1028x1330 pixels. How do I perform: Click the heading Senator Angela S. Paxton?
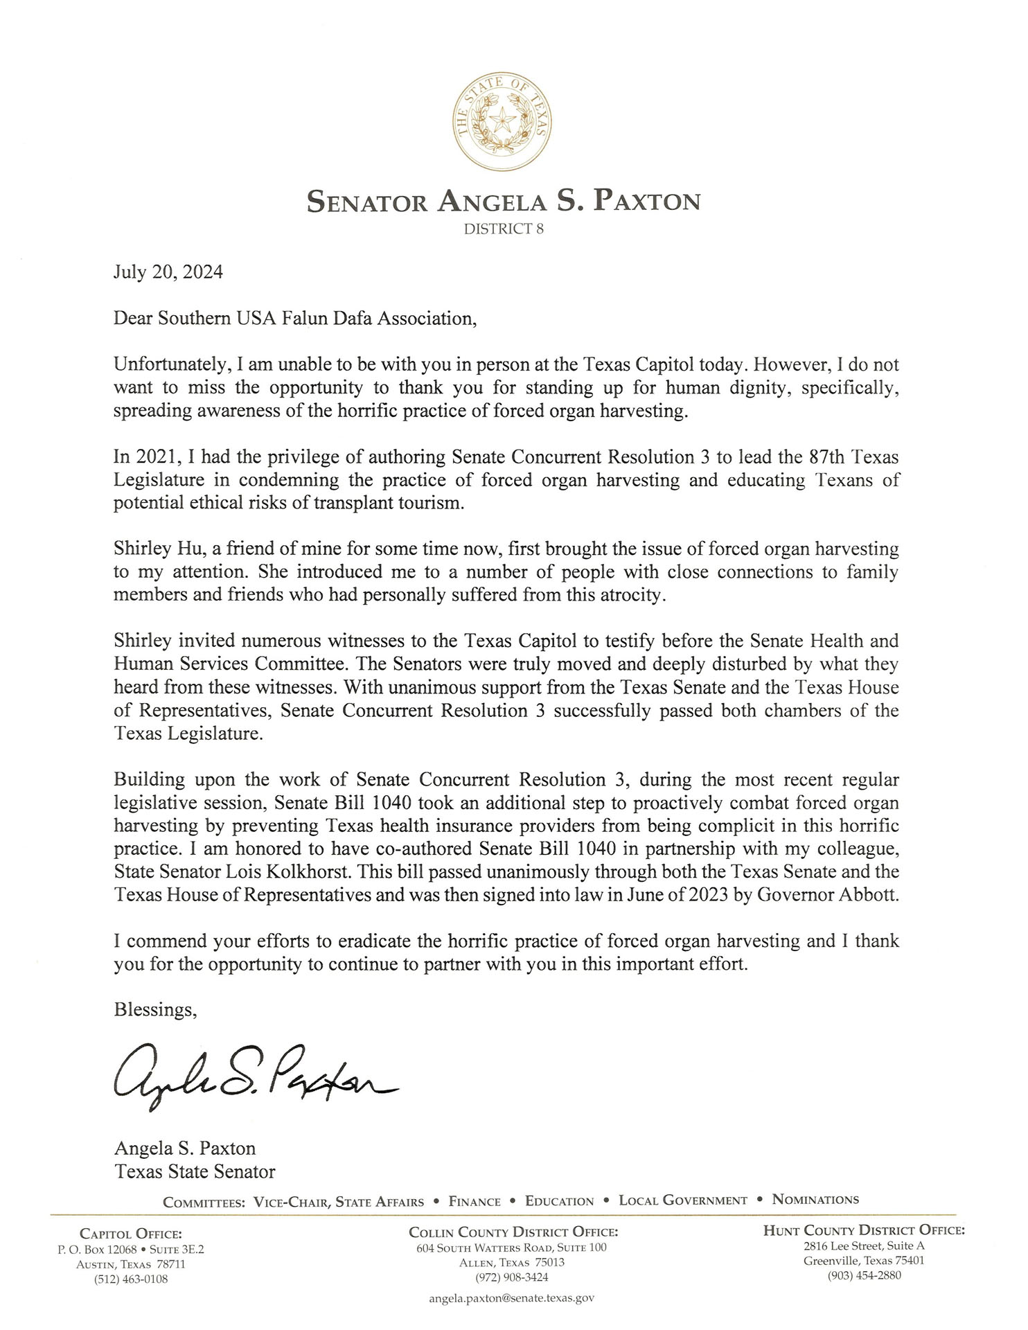tap(504, 202)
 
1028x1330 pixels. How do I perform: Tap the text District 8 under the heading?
tap(504, 229)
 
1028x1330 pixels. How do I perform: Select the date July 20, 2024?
tap(168, 272)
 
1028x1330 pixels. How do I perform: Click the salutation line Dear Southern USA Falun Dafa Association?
tap(295, 318)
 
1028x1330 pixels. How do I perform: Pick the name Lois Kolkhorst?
tap(283, 871)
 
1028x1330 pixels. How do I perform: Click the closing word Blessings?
tap(155, 1009)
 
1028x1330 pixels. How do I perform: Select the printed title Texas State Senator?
tap(195, 1171)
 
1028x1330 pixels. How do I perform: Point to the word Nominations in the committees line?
tap(815, 1199)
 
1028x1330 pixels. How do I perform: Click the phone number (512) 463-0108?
tap(131, 1279)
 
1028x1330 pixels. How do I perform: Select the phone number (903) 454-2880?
tap(864, 1275)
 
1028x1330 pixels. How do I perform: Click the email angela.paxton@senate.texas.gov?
tap(511, 1298)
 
